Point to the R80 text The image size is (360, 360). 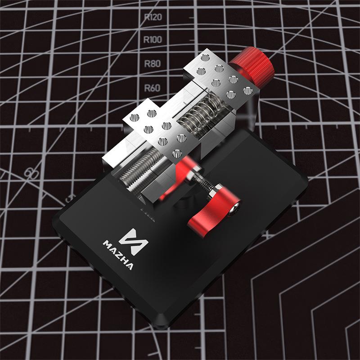(152, 63)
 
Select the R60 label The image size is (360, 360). (152, 87)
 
